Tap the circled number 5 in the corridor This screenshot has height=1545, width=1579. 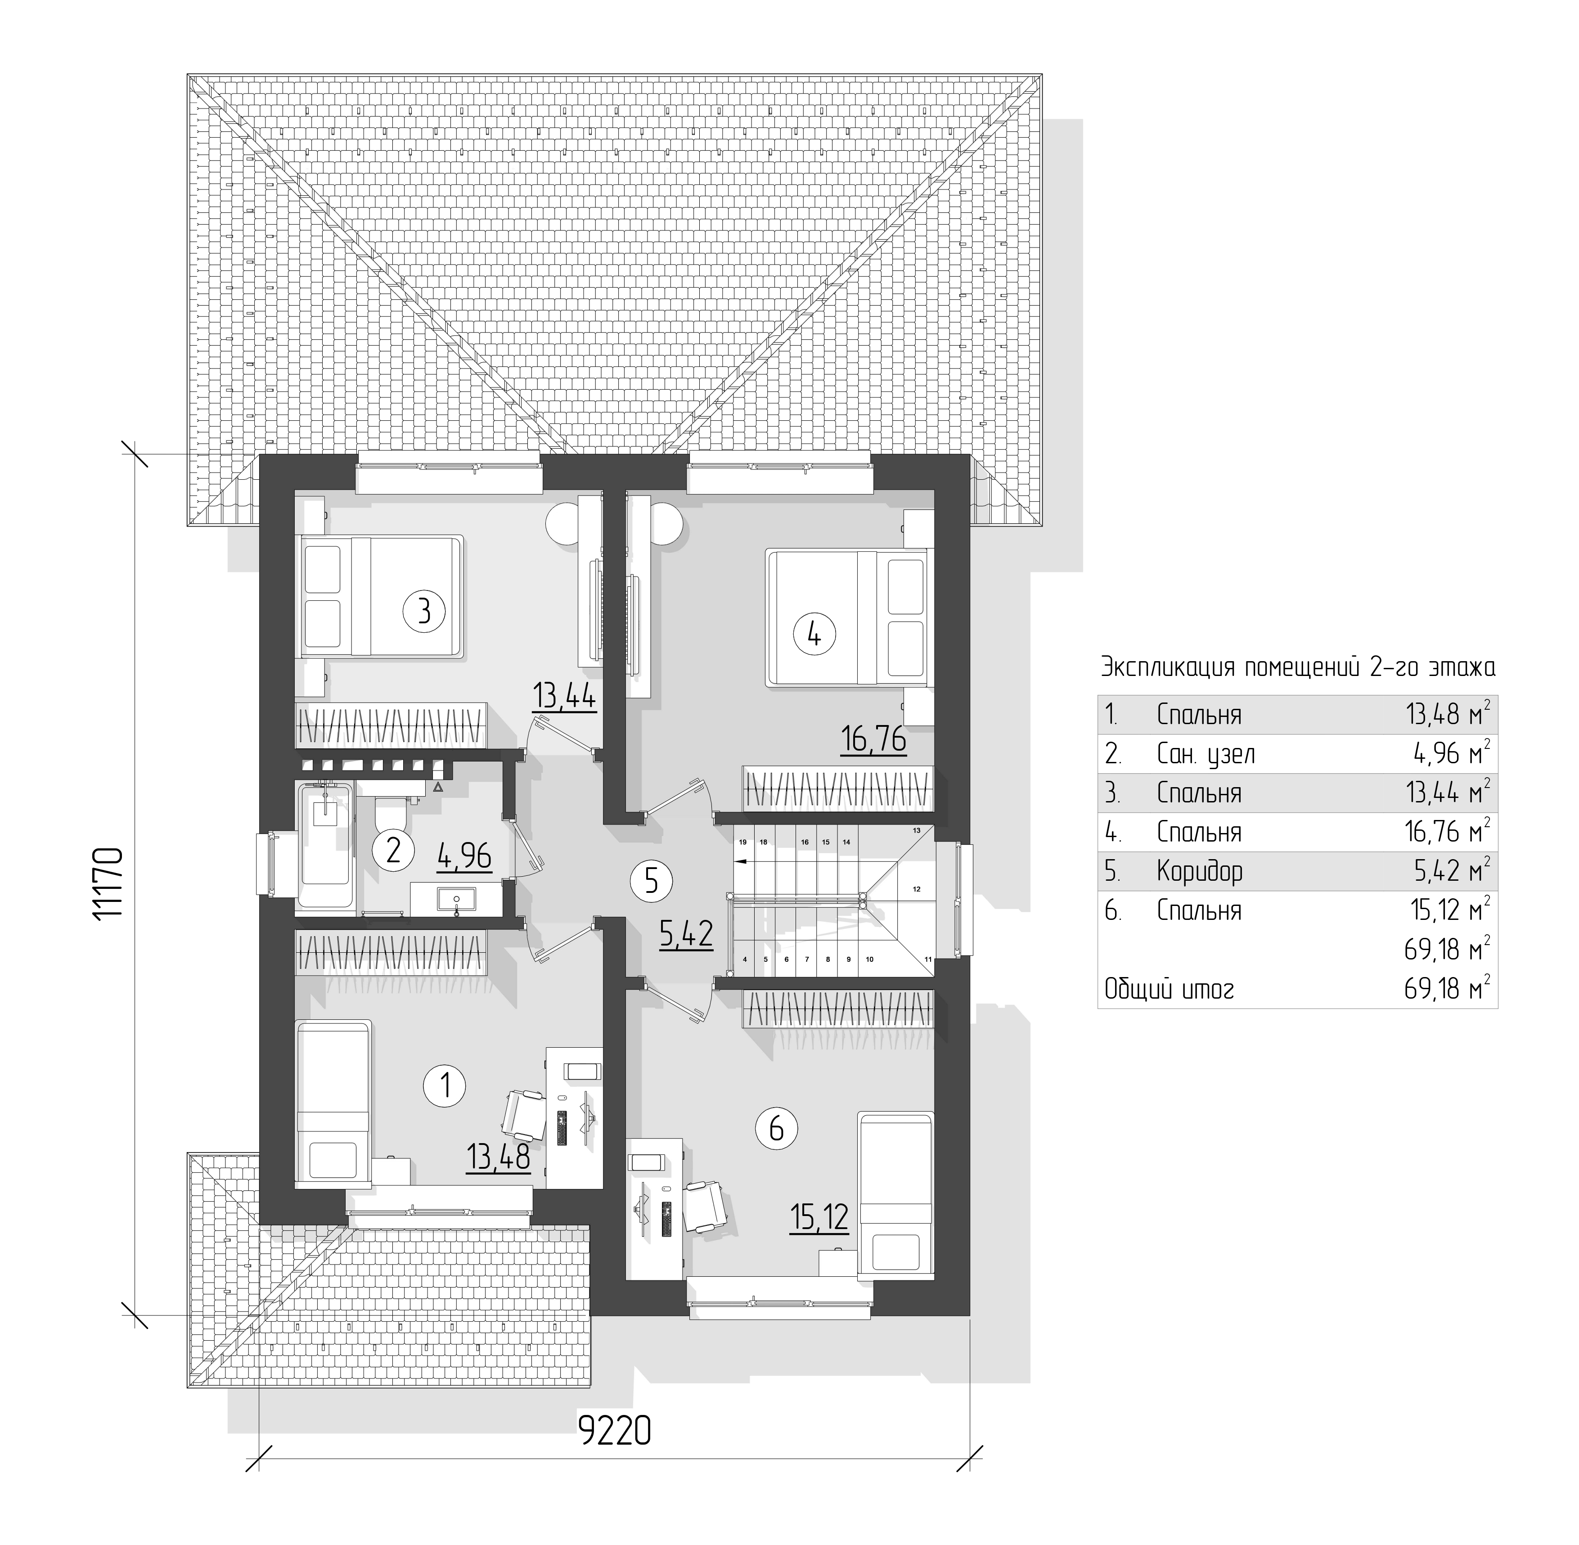[x=652, y=880]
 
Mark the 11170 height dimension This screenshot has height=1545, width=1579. [x=108, y=883]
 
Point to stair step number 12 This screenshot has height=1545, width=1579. [x=916, y=888]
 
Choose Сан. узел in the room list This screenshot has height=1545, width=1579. [x=1206, y=754]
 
